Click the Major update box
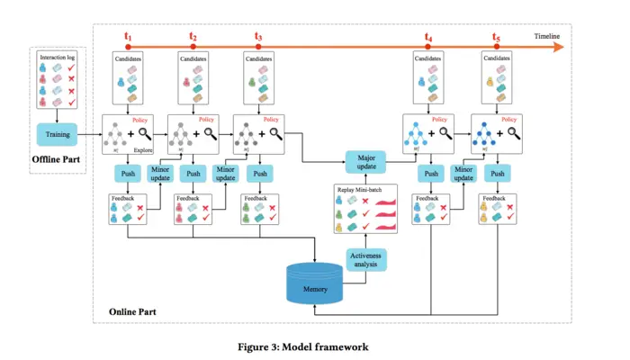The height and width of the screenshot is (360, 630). (365, 162)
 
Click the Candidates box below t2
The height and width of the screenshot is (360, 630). (193, 76)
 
